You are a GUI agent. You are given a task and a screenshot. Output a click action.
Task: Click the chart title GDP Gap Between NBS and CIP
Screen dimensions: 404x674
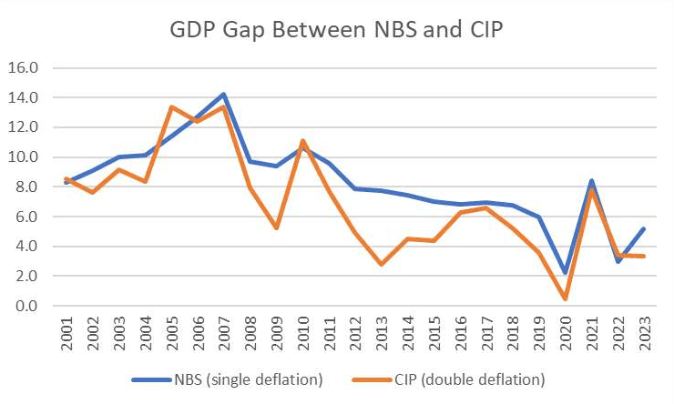[337, 29]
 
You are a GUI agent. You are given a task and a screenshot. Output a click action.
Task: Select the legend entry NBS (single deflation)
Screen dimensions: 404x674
[230, 379]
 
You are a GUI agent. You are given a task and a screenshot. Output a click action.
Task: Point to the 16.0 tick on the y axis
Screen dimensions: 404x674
[22, 67]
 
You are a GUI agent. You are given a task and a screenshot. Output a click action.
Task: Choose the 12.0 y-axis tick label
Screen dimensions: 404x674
[22, 127]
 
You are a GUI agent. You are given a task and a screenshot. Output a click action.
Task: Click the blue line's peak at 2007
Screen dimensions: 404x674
[224, 94]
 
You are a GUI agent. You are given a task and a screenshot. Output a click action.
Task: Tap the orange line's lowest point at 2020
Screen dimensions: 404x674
[566, 298]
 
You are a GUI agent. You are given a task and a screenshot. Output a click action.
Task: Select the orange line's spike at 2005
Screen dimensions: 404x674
[171, 106]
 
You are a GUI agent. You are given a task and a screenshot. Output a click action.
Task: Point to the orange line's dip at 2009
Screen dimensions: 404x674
[277, 227]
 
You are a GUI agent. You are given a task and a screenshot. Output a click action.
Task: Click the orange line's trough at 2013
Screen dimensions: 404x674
[382, 264]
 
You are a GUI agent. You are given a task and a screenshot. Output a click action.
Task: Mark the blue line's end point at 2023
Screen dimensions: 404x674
[644, 228]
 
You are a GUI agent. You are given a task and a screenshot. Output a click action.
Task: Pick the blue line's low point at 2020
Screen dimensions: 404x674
[566, 273]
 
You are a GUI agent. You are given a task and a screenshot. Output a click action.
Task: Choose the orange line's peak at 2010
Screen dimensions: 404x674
[302, 140]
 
